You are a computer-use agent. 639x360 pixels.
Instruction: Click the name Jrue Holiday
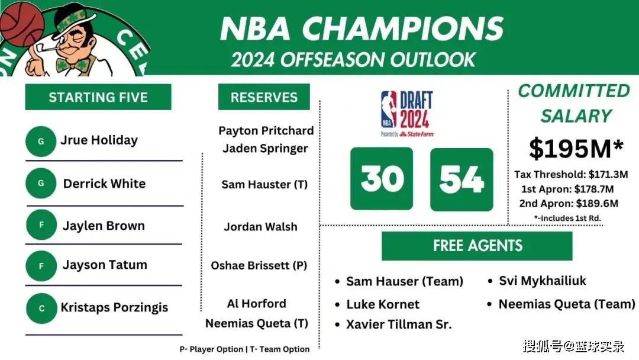pyautogui.click(x=99, y=140)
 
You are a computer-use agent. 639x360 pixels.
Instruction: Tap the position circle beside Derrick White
pyautogui.click(x=41, y=183)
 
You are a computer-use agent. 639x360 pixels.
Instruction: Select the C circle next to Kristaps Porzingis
pyautogui.click(x=41, y=308)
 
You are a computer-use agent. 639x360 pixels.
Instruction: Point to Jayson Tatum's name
pyautogui.click(x=105, y=265)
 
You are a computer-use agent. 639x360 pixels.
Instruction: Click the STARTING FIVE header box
pyautogui.click(x=98, y=97)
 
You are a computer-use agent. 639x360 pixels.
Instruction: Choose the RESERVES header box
pyautogui.click(x=264, y=97)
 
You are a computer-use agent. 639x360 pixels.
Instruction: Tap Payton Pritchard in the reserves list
pyautogui.click(x=266, y=130)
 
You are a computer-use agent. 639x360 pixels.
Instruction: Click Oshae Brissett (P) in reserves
pyautogui.click(x=259, y=265)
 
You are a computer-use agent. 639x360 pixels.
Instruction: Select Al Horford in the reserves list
pyautogui.click(x=256, y=304)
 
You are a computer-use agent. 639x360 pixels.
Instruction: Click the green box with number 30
pyautogui.click(x=382, y=179)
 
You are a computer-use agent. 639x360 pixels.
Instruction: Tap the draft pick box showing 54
pyautogui.click(x=461, y=179)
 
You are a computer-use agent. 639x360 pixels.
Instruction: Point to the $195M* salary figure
pyautogui.click(x=576, y=149)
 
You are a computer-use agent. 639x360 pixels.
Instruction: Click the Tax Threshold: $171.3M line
pyautogui.click(x=571, y=175)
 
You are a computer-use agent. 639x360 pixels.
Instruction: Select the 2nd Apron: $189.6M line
pyautogui.click(x=569, y=204)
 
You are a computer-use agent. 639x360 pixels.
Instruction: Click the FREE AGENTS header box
pyautogui.click(x=477, y=246)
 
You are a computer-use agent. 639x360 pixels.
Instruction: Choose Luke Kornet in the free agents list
pyautogui.click(x=383, y=304)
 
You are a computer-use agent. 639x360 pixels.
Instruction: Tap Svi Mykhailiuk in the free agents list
pyautogui.click(x=543, y=281)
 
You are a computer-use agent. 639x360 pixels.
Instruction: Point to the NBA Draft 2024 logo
pyautogui.click(x=407, y=114)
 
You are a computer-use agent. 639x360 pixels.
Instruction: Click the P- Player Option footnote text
pyautogui.click(x=211, y=349)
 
